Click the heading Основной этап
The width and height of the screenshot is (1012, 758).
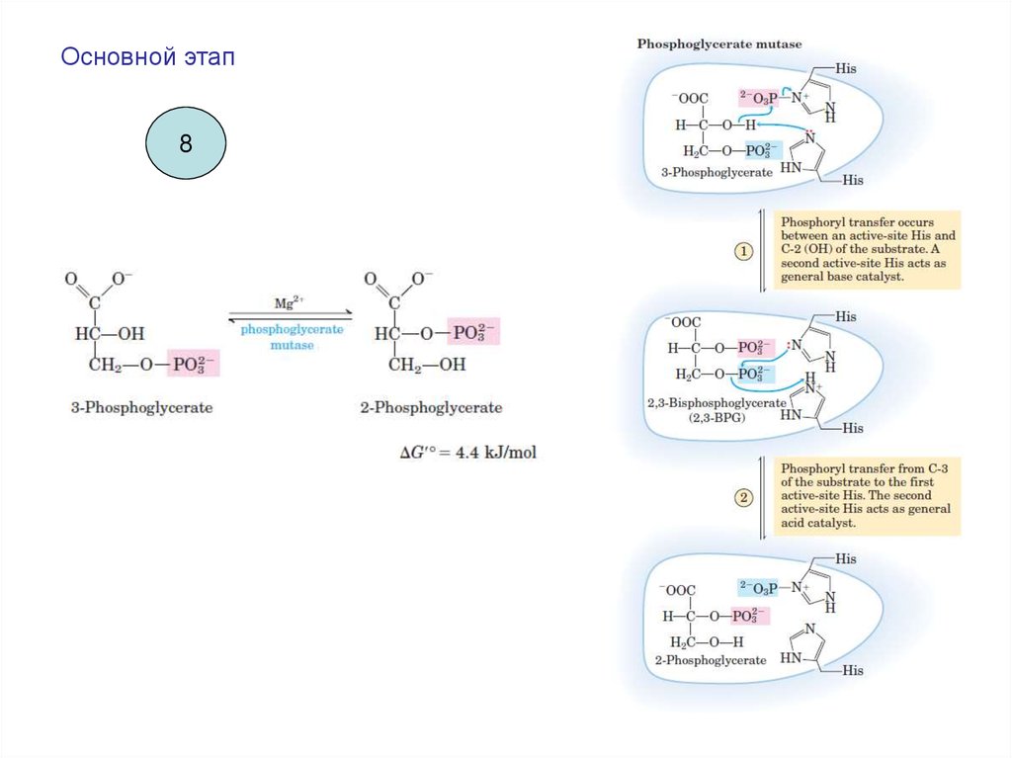pos(148,56)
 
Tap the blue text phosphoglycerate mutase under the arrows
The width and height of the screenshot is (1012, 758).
pos(293,337)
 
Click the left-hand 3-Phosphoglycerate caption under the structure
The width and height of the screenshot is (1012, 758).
pos(141,407)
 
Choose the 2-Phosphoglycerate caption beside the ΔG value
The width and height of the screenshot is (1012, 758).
pos(431,407)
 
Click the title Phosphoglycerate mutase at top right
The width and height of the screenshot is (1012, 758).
pos(719,44)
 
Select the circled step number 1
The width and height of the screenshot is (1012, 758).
pos(743,252)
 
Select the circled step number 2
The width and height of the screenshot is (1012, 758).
pos(743,497)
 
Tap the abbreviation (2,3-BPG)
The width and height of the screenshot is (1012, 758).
pos(717,418)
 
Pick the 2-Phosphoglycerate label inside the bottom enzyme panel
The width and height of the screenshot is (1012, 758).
pos(710,659)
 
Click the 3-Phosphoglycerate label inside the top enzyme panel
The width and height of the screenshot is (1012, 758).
pos(717,172)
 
